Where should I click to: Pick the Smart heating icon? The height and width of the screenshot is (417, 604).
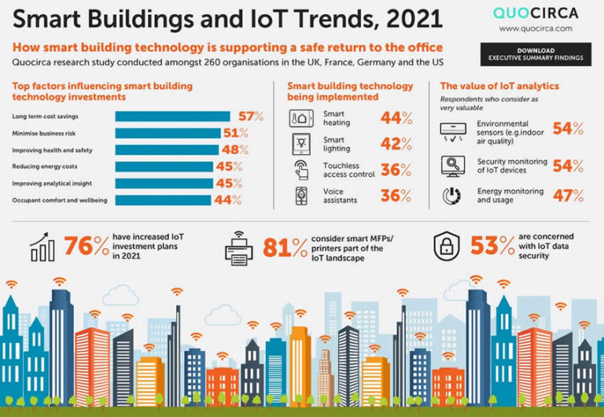pos(301,119)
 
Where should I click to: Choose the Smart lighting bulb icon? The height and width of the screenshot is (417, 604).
pos(301,145)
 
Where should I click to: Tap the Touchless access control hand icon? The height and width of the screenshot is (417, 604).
pos(301,170)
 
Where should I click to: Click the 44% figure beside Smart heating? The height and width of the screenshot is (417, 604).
pos(396,119)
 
